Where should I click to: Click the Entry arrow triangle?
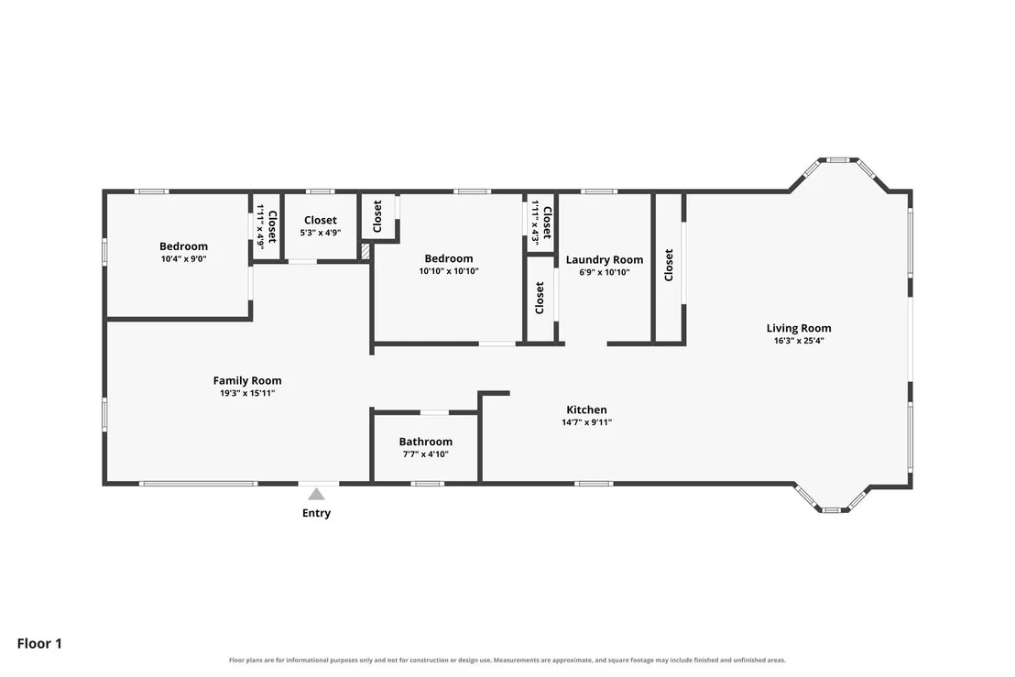(316, 495)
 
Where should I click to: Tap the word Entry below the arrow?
(317, 513)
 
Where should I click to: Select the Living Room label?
(799, 328)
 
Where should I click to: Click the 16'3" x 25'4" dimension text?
(799, 341)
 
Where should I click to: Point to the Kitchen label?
(586, 409)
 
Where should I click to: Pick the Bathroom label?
(425, 442)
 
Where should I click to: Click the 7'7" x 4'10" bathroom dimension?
(425, 454)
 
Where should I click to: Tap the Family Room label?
(247, 380)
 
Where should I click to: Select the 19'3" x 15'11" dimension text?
(247, 393)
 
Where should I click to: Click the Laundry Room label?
(605, 260)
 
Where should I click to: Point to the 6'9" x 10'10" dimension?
(605, 272)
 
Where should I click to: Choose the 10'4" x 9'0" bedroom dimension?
(184, 259)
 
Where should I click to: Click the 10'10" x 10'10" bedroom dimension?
(449, 271)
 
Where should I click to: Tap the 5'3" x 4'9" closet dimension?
(321, 233)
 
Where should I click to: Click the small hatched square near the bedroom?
(366, 252)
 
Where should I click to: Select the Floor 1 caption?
(39, 643)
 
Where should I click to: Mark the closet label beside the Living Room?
(669, 265)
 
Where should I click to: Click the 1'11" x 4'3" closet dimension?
(536, 222)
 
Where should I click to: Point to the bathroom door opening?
(434, 412)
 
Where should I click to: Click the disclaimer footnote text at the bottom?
(507, 661)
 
